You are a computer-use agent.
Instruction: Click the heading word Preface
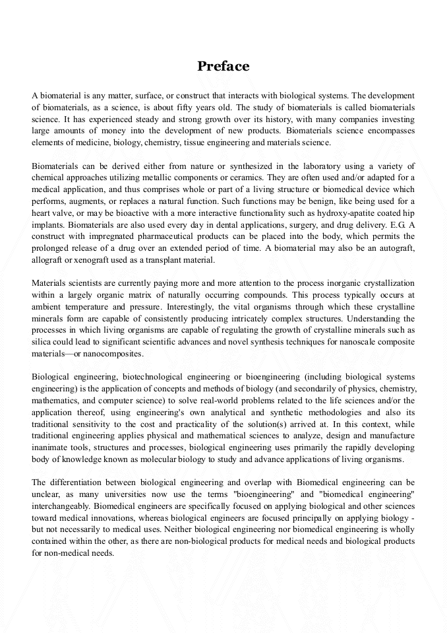pyautogui.click(x=223, y=66)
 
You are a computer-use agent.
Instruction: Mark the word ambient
pyautogui.click(x=47, y=307)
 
